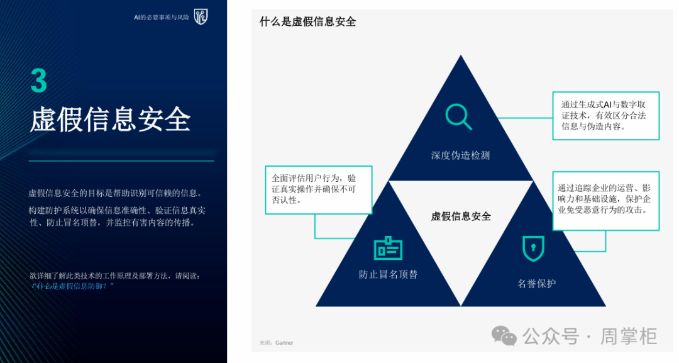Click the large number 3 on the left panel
38,81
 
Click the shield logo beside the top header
201,17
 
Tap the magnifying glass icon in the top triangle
458,116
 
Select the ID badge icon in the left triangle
388,249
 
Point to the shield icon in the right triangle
533,249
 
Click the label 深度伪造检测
460,155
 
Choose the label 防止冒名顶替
388,274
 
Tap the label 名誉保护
536,284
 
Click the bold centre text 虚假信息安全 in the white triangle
461,216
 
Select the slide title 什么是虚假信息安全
307,21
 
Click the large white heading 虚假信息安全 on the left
110,119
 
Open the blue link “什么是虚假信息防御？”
73,286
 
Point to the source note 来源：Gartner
276,343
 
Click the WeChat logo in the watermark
504,336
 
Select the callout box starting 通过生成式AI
606,116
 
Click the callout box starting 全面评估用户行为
319,190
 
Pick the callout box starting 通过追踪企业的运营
606,201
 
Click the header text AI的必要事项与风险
162,18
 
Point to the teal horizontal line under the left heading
121,160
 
